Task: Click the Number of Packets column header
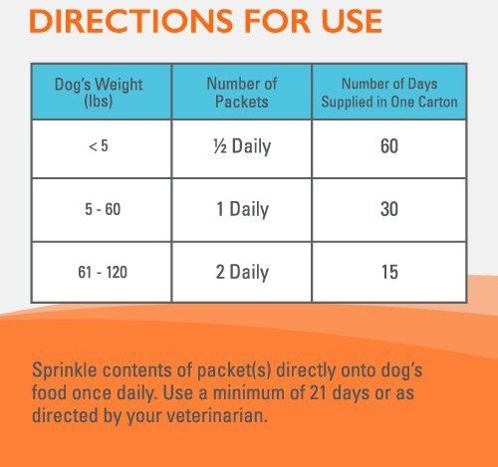(241, 93)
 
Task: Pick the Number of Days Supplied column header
(388, 93)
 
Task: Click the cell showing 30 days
(388, 210)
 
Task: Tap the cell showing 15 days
(388, 272)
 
